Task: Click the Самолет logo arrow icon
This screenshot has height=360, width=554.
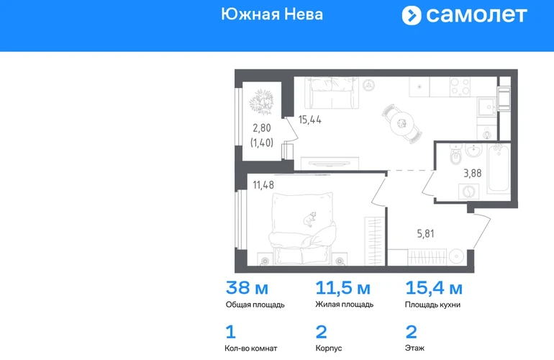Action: pos(412,16)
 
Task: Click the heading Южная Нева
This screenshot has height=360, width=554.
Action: pos(272,14)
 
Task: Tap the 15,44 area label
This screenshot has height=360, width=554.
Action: pos(310,120)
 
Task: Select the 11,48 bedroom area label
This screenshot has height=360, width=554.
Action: pos(263,185)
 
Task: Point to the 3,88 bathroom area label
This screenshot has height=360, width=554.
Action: pos(473,173)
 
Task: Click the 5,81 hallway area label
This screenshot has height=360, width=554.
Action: pos(426,233)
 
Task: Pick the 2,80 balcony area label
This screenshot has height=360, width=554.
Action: pos(262,127)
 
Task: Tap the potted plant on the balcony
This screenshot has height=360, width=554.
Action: pos(261,102)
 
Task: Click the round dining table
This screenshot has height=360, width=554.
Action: pos(401,123)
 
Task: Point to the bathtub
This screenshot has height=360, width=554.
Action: pos(499,168)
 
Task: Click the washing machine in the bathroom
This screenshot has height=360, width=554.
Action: pos(469,192)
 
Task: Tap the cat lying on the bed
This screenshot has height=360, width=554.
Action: pos(310,220)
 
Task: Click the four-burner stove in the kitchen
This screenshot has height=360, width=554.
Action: pos(460,87)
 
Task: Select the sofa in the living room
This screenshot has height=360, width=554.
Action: pos(332,93)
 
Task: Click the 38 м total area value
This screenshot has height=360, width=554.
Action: pos(247,287)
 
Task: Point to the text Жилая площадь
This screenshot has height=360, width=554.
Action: pos(345,304)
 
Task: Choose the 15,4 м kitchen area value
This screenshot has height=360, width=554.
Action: pos(434,288)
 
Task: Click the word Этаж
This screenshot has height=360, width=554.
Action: pos(415,348)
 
